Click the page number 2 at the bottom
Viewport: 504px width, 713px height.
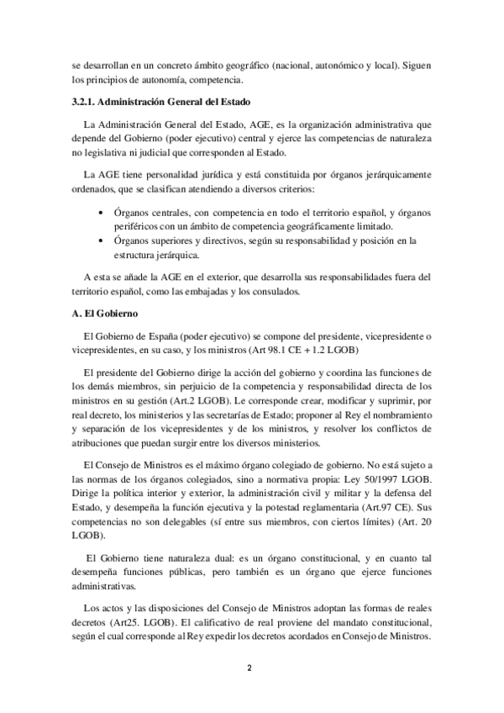pyautogui.click(x=250, y=668)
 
